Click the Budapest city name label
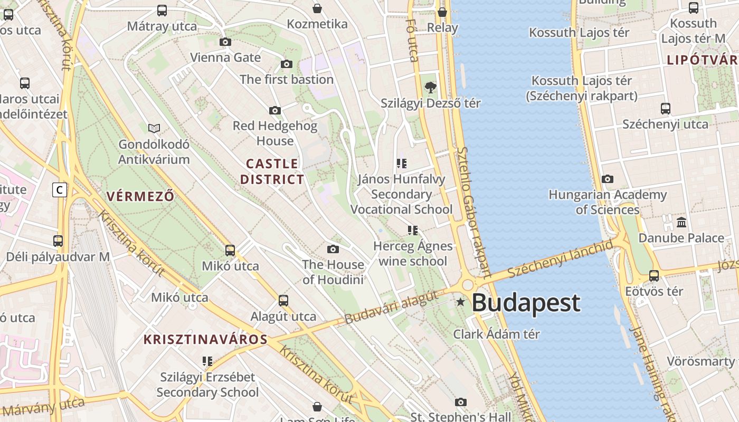(x=526, y=303)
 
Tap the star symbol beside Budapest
(x=461, y=302)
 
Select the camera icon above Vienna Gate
(x=225, y=42)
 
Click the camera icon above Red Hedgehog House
(x=275, y=110)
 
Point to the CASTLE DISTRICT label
(x=272, y=171)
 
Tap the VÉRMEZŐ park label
(x=140, y=196)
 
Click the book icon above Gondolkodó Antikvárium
(x=154, y=128)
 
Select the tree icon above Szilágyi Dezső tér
(x=431, y=87)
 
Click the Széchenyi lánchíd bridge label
(x=561, y=259)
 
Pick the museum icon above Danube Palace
(x=681, y=222)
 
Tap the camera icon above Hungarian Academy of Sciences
(x=608, y=179)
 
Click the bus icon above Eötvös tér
(x=654, y=275)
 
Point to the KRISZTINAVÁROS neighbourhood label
(x=205, y=339)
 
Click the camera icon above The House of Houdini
(x=333, y=249)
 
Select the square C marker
(x=60, y=190)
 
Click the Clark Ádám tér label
(x=497, y=334)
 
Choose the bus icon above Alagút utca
(x=283, y=301)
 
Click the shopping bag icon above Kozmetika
(x=317, y=8)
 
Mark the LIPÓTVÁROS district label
(x=703, y=60)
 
